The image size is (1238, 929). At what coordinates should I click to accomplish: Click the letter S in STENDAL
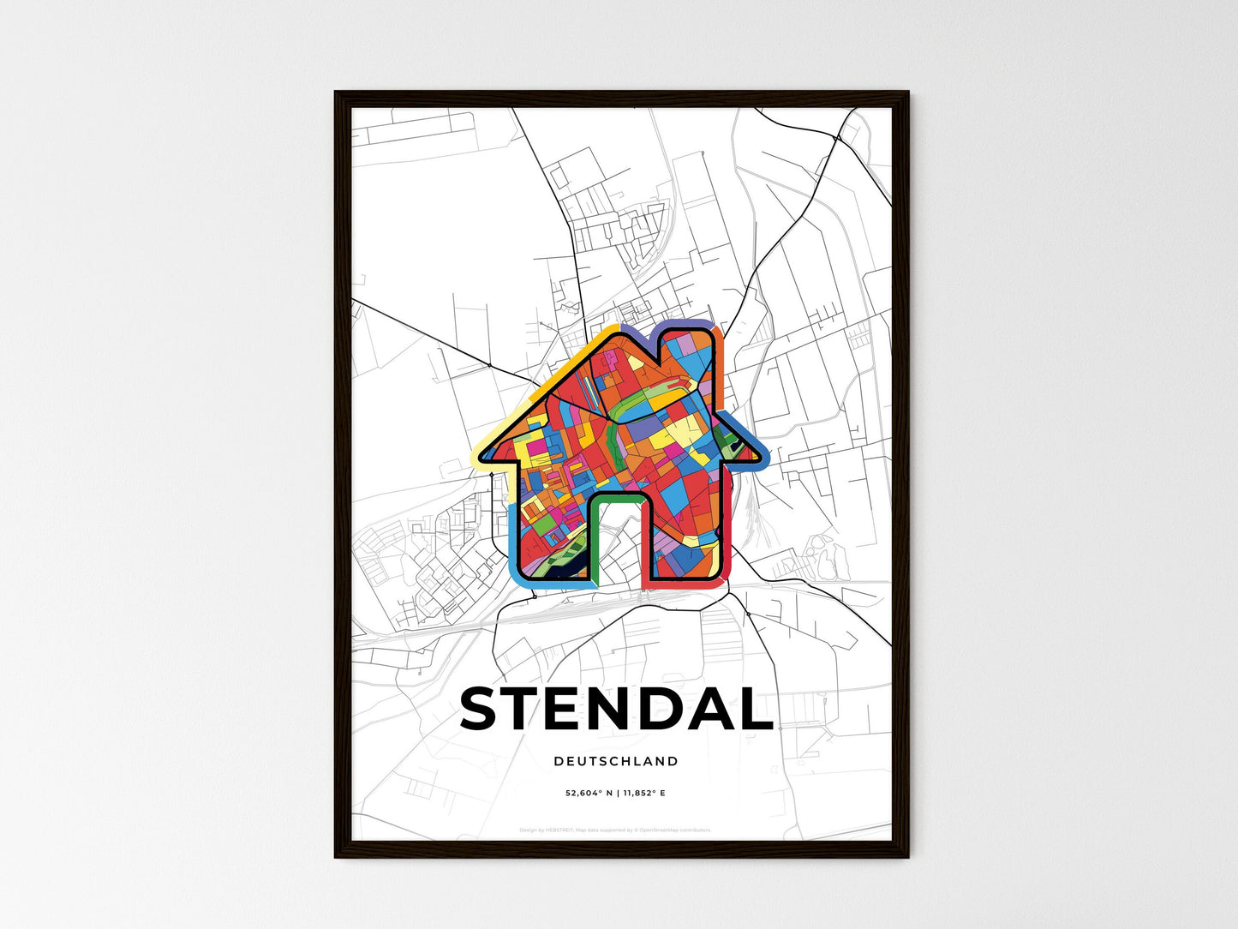(x=484, y=709)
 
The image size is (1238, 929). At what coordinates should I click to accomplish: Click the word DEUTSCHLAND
(x=616, y=761)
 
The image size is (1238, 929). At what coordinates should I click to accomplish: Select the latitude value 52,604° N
(x=588, y=794)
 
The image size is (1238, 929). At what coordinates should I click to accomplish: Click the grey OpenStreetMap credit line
(x=615, y=830)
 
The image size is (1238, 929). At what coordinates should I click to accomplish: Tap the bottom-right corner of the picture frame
(x=907, y=856)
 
